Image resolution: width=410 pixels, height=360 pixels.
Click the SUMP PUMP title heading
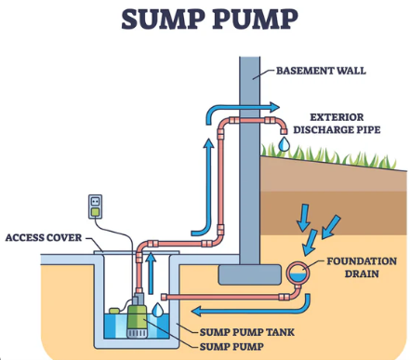[209, 20]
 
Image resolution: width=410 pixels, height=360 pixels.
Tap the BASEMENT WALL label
[321, 71]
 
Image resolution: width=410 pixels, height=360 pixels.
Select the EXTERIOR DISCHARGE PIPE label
[337, 123]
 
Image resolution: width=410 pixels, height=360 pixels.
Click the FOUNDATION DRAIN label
[362, 267]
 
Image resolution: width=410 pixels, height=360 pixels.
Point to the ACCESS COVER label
[44, 237]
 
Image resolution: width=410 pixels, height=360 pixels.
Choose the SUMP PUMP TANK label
[246, 332]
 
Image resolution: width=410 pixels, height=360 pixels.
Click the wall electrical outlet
[95, 207]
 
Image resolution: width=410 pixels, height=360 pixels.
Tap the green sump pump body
[137, 317]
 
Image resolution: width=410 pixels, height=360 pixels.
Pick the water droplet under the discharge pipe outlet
[284, 144]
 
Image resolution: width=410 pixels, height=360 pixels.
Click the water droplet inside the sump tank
[158, 310]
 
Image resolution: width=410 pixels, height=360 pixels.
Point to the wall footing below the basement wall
[250, 274]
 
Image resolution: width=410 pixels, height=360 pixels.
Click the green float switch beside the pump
[114, 311]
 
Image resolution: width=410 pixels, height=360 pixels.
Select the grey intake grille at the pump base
[137, 334]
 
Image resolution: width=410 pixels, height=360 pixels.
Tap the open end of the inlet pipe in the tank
[164, 297]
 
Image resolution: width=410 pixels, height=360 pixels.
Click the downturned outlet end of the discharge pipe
[284, 131]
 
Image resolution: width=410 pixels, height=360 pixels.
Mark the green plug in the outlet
[95, 212]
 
